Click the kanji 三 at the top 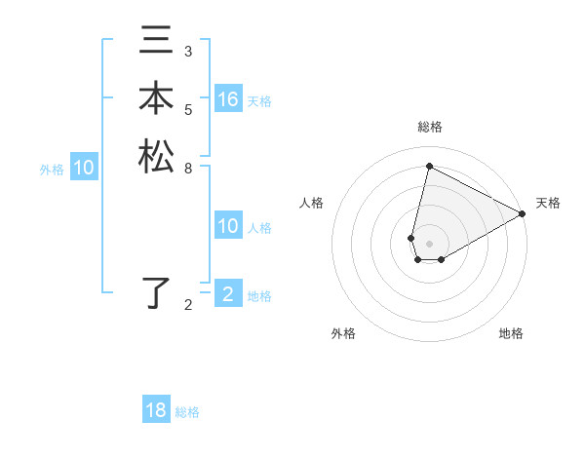click(156, 42)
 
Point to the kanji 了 click(156, 293)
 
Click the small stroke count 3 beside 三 click(188, 51)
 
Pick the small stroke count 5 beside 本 click(188, 109)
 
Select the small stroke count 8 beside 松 click(188, 167)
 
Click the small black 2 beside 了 click(188, 305)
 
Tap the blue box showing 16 click(227, 99)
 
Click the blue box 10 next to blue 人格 click(227, 226)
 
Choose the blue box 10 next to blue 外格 click(84, 168)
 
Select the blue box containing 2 click(227, 294)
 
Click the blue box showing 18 click(156, 410)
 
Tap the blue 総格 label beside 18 click(187, 412)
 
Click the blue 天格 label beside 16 click(259, 101)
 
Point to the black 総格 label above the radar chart click(429, 127)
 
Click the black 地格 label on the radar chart click(511, 333)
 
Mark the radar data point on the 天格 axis click(523, 214)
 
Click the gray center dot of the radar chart click(429, 243)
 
